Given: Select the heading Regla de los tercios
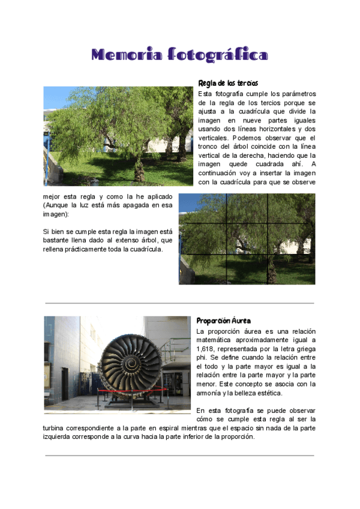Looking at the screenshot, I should coord(227,83).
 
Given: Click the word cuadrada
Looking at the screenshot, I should coord(259,164).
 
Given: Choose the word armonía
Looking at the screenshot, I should coord(211,393).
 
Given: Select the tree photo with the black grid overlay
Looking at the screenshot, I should coord(247,239).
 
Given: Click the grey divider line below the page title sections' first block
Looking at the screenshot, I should coord(179,303).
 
